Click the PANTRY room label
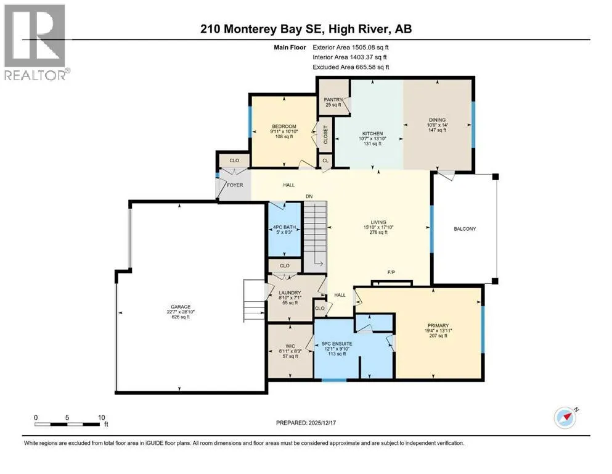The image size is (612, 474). (333, 99)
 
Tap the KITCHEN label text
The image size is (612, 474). (372, 134)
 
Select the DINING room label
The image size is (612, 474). (437, 120)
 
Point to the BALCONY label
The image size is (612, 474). (465, 228)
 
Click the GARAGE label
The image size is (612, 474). (181, 307)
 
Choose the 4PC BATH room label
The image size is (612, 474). (284, 227)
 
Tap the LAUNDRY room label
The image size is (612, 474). (290, 293)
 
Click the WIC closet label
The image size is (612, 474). (290, 346)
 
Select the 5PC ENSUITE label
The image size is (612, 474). (337, 344)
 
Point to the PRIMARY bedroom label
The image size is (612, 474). (438, 325)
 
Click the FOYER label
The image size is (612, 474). (235, 185)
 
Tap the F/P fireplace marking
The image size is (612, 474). (391, 272)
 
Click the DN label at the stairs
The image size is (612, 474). (309, 196)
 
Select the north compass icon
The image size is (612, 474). (565, 418)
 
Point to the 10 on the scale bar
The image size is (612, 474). (101, 417)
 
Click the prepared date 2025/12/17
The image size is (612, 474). (322, 423)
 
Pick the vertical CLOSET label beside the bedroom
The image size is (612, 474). (325, 135)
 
